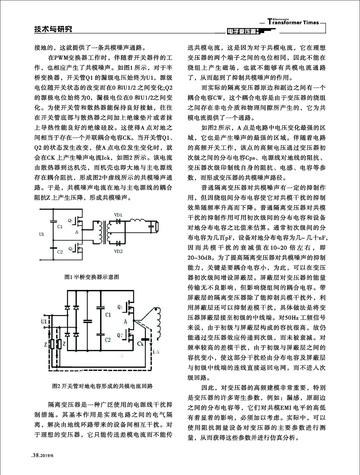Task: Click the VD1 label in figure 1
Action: click(x=118, y=215)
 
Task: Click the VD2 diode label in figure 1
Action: click(x=118, y=251)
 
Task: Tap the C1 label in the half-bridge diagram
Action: click(x=60, y=227)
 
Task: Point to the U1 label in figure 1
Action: click(x=42, y=234)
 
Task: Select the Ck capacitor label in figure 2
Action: click(x=140, y=344)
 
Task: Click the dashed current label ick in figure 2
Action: click(x=156, y=352)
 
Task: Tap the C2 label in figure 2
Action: click(x=108, y=340)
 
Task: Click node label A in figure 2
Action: click(x=125, y=322)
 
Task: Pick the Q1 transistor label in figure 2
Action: click(x=120, y=307)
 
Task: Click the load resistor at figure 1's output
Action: click(x=157, y=227)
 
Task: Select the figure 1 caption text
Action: click(x=92, y=277)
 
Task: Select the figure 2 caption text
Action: click(x=102, y=386)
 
